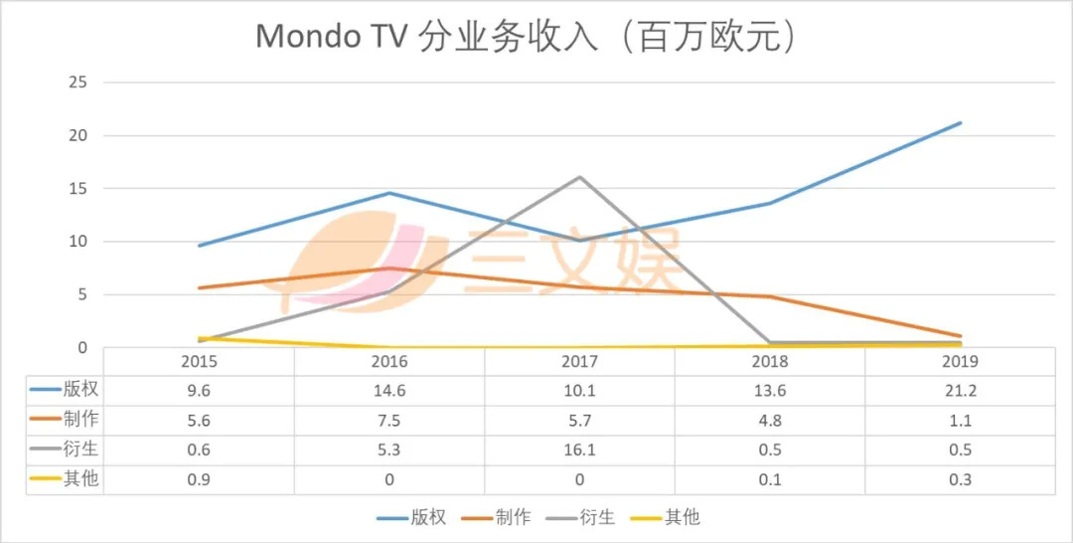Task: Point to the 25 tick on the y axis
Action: [77, 83]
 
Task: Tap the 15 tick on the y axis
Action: [77, 188]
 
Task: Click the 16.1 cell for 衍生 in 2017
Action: [579, 450]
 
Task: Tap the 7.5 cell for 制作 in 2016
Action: [388, 421]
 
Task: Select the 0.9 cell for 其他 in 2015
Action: [199, 479]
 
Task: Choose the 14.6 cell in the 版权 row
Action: [388, 391]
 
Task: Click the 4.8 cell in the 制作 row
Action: [770, 421]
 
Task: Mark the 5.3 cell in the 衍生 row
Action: [388, 450]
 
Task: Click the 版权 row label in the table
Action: [80, 391]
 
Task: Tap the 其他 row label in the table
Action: [80, 479]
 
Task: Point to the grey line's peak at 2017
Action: [579, 177]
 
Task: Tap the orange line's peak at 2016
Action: [388, 269]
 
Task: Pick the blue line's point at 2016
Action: [388, 193]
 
